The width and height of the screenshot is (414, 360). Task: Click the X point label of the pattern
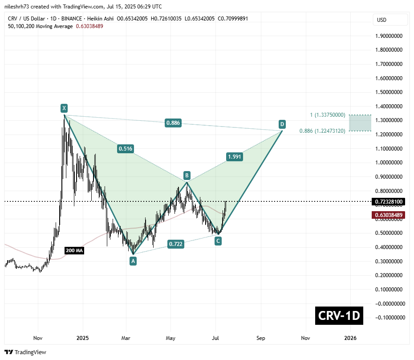point(64,108)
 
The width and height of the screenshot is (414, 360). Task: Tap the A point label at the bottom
point(133,262)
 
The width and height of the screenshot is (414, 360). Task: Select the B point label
point(187,175)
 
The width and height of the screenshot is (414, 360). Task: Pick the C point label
point(218,241)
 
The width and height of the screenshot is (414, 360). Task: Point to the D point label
point(282,123)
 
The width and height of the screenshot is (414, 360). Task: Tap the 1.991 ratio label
point(235,156)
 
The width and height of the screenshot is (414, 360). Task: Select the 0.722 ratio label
point(175,244)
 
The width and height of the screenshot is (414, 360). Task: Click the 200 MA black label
point(74,251)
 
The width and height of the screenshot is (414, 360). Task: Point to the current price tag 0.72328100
point(389,202)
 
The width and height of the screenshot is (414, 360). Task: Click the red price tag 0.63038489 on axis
point(389,215)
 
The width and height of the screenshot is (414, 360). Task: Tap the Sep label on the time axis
point(260,338)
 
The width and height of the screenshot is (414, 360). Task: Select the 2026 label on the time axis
point(350,338)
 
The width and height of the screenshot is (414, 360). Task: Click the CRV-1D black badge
point(339,316)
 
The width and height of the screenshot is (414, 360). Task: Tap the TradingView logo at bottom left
point(26,352)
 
